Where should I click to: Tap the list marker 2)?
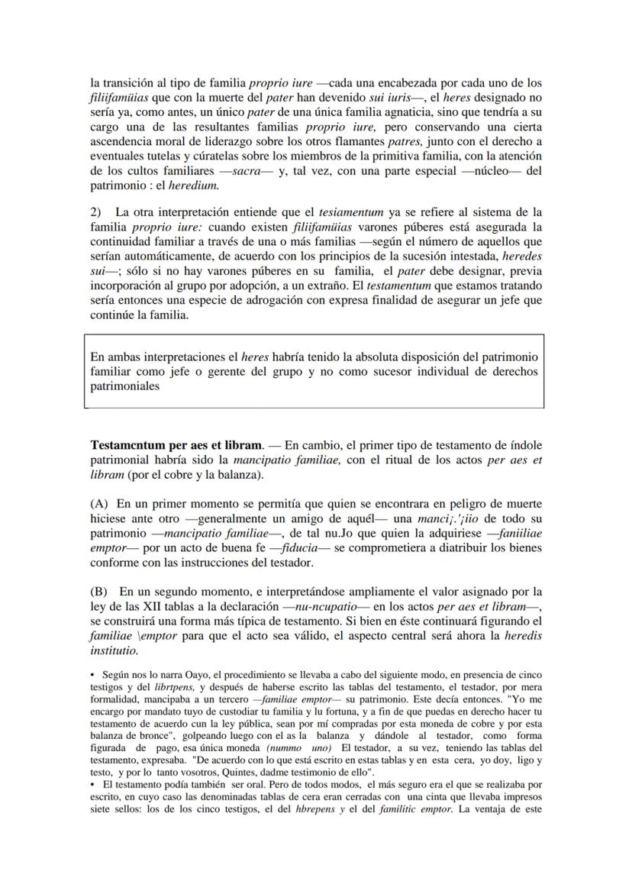[x=97, y=211]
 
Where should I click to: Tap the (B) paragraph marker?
[x=99, y=591]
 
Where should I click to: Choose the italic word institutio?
[x=114, y=651]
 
